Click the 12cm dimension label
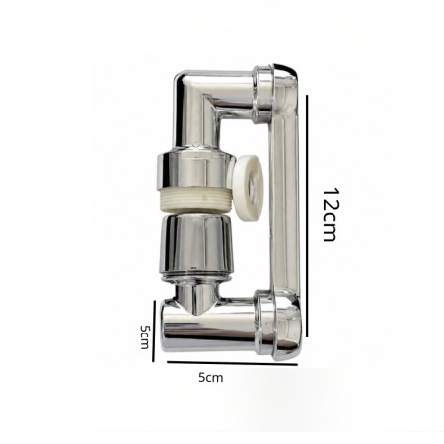pyautogui.click(x=330, y=214)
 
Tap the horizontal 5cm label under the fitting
pyautogui.click(x=210, y=377)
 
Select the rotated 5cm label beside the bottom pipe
pyautogui.click(x=144, y=336)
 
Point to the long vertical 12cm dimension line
pyautogui.click(x=307, y=216)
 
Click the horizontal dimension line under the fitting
pyautogui.click(x=232, y=363)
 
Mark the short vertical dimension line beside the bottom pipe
pyautogui.click(x=154, y=331)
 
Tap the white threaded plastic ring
pyautogui.click(x=196, y=200)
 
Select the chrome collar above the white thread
pyautogui.click(x=194, y=171)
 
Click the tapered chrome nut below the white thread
pyautogui.click(x=197, y=243)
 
